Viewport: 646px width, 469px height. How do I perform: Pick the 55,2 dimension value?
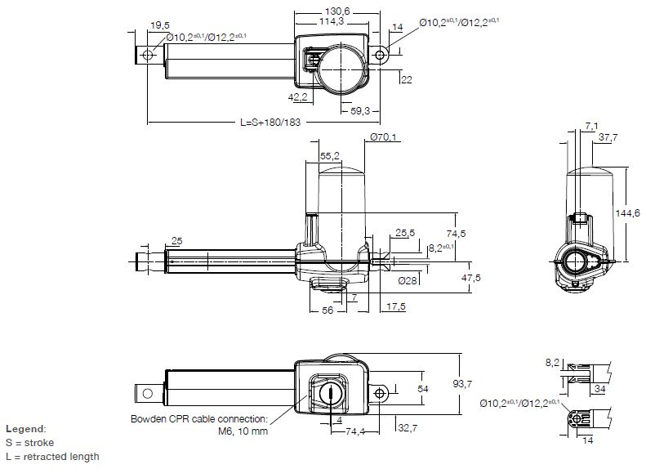click(x=330, y=154)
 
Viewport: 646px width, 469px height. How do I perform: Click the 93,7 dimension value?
click(x=470, y=385)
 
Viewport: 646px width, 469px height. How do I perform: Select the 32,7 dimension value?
click(x=408, y=427)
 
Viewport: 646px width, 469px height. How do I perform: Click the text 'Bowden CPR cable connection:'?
click(x=199, y=419)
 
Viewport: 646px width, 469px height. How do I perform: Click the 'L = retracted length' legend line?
click(x=53, y=457)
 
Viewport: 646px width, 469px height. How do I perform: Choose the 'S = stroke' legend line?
click(x=30, y=442)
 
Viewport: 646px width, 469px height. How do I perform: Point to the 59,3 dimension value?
click(x=359, y=110)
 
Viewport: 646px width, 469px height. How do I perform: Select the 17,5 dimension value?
click(x=398, y=306)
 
